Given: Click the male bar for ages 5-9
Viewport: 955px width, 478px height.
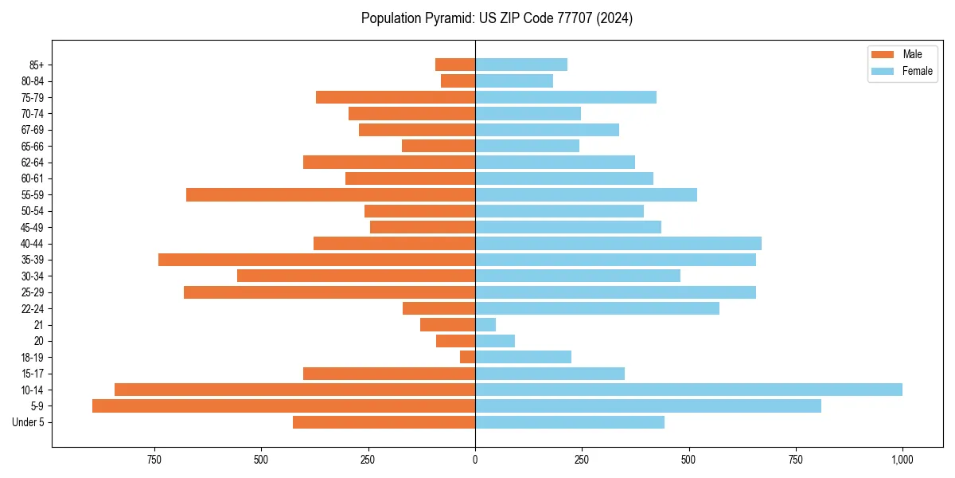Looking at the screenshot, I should pyautogui.click(x=283, y=406).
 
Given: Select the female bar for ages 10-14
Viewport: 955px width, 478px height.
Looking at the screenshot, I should pyautogui.click(x=688, y=390).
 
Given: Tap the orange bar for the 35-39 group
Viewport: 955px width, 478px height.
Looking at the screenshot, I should pyautogui.click(x=317, y=260).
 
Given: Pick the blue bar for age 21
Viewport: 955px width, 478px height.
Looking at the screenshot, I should pyautogui.click(x=485, y=325).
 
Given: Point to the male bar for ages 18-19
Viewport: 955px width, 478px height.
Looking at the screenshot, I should pyautogui.click(x=468, y=357).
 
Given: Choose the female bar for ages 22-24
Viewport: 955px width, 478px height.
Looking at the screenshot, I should pyautogui.click(x=597, y=308).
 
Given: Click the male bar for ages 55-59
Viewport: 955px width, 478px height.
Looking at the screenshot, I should pyautogui.click(x=330, y=195).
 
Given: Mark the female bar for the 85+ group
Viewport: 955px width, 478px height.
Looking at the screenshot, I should pyautogui.click(x=521, y=65).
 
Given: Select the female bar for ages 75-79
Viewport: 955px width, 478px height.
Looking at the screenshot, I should pyautogui.click(x=566, y=97).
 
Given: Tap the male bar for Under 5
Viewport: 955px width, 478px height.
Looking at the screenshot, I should pyautogui.click(x=384, y=422).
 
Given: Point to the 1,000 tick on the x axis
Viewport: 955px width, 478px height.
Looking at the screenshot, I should pyautogui.click(x=902, y=460).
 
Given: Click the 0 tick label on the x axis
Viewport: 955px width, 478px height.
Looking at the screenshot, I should pyautogui.click(x=475, y=460).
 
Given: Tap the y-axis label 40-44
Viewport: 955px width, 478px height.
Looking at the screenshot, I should pyautogui.click(x=32, y=244).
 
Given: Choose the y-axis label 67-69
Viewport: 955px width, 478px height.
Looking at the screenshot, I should pyautogui.click(x=32, y=130).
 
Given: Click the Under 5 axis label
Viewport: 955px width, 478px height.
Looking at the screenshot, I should pyautogui.click(x=28, y=422).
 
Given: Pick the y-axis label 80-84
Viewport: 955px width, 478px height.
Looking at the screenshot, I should pyautogui.click(x=32, y=81).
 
